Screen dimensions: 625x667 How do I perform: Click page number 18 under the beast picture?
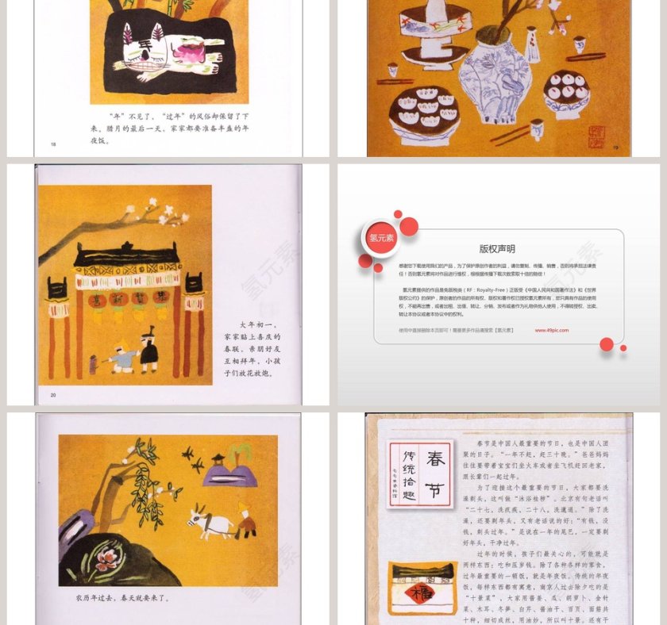click(53, 144)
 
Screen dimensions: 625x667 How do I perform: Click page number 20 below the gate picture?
click(53, 394)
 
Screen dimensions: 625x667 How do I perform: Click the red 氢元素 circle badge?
click(380, 237)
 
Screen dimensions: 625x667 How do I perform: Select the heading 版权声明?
click(497, 248)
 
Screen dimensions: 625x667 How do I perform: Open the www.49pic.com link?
click(551, 330)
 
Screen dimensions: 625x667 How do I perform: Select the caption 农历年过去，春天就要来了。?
click(122, 597)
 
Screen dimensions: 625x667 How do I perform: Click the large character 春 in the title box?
click(435, 458)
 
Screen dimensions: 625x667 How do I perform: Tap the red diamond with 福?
click(416, 592)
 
